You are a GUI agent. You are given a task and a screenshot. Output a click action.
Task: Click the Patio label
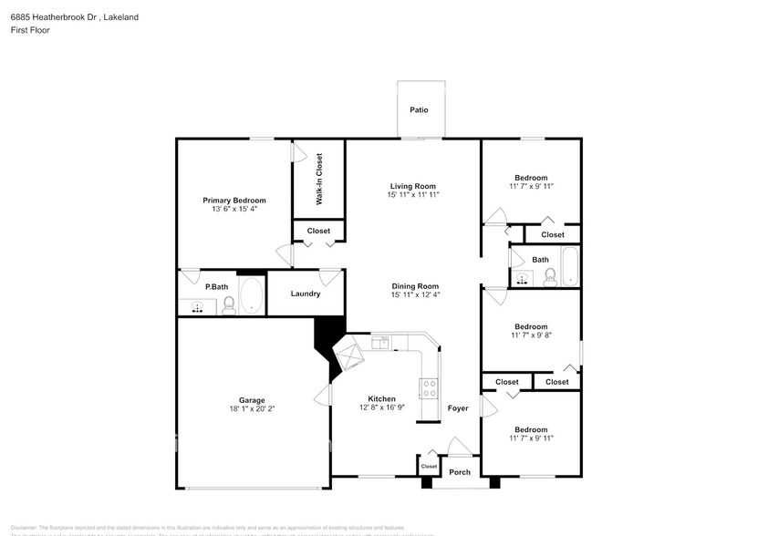pyautogui.click(x=419, y=109)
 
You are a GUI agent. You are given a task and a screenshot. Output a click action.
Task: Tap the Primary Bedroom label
pyautogui.click(x=234, y=201)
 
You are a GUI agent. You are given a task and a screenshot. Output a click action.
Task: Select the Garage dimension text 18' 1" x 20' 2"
pyautogui.click(x=252, y=409)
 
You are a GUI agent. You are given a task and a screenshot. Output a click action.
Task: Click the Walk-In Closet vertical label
pyautogui.click(x=319, y=178)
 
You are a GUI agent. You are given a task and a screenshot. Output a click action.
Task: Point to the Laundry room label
pyautogui.click(x=305, y=294)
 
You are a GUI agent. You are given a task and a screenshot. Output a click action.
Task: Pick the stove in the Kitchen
pyautogui.click(x=428, y=387)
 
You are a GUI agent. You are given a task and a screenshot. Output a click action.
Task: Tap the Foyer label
pyautogui.click(x=457, y=408)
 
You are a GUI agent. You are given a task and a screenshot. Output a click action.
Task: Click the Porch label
pyautogui.click(x=460, y=472)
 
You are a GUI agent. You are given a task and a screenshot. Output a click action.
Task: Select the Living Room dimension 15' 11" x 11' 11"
pyautogui.click(x=413, y=194)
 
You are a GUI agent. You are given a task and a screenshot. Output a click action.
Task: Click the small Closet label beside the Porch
pyautogui.click(x=428, y=467)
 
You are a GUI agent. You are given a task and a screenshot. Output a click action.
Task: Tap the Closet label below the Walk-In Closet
pyautogui.click(x=318, y=232)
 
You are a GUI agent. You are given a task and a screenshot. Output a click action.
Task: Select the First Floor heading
pyautogui.click(x=31, y=30)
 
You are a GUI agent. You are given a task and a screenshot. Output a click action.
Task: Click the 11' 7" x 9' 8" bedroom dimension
pyautogui.click(x=530, y=335)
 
